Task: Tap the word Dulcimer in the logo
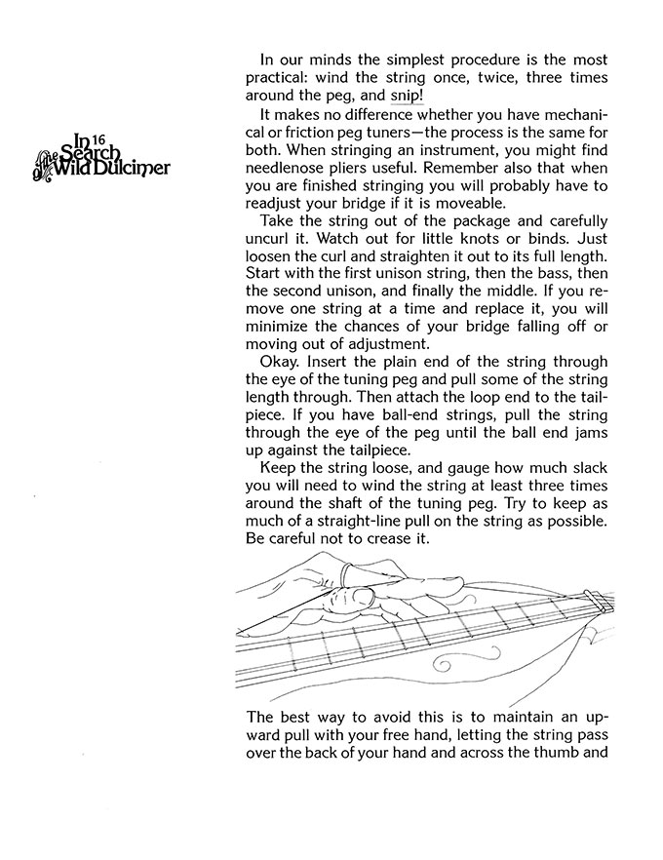pyautogui.click(x=137, y=168)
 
